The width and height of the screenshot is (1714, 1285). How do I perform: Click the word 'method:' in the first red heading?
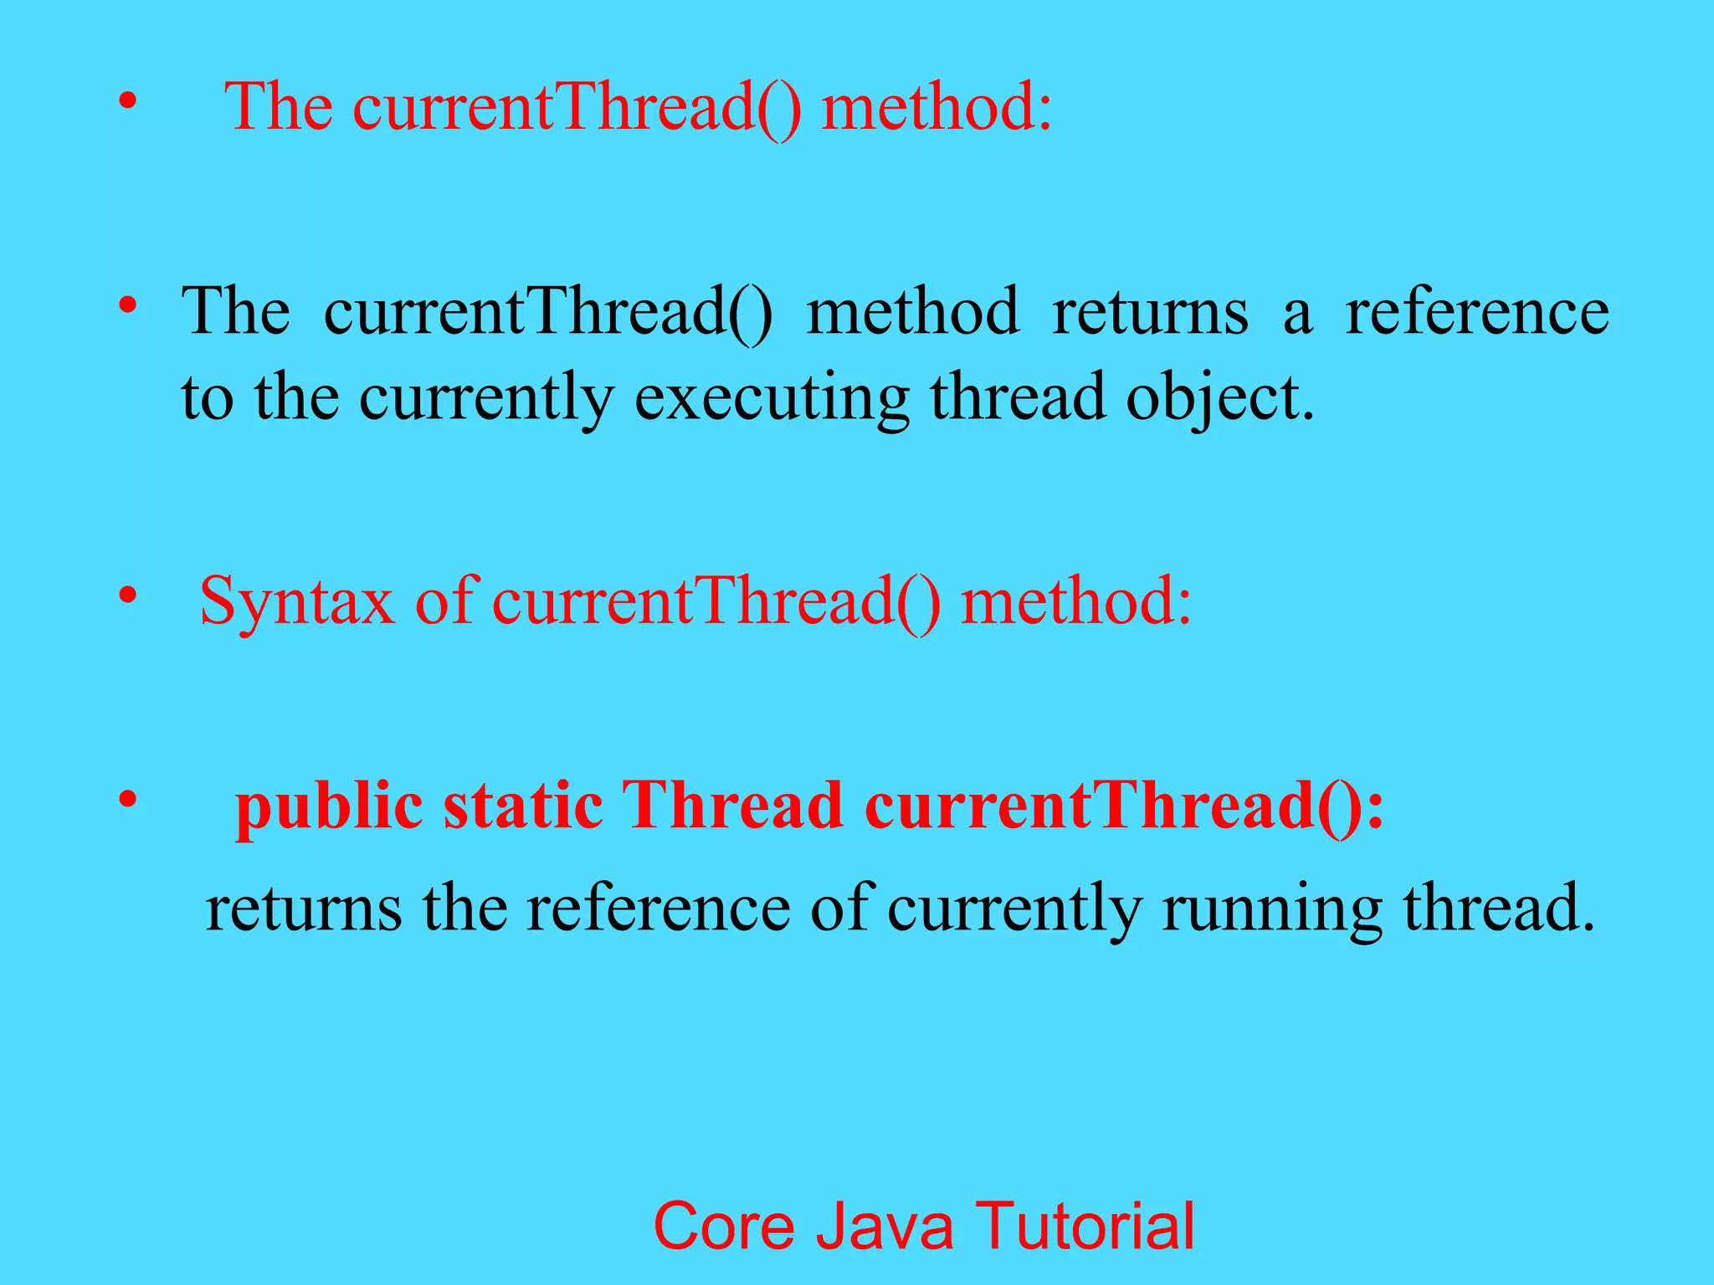pos(937,109)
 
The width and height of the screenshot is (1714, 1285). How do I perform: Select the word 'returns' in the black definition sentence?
pos(1150,312)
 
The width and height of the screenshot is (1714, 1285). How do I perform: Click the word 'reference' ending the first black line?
pos(1477,312)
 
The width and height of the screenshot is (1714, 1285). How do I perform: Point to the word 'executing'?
pos(771,398)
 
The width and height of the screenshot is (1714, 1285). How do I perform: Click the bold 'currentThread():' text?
pos(1125,806)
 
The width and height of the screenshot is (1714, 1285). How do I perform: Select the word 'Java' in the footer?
pos(885,1226)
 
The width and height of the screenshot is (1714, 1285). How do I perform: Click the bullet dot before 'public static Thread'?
pos(127,800)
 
